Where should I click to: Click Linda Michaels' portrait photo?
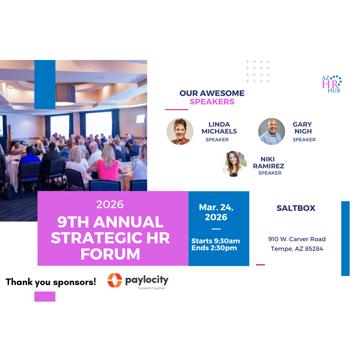pyautogui.click(x=180, y=131)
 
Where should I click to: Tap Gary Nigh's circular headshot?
pyautogui.click(x=271, y=131)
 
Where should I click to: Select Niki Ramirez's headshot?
pyautogui.click(x=234, y=164)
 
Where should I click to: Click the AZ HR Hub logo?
pyautogui.click(x=331, y=84)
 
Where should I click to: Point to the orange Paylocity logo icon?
pyautogui.click(x=115, y=280)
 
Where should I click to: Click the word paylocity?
pyautogui.click(x=147, y=280)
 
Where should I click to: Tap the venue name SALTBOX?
pyautogui.click(x=296, y=208)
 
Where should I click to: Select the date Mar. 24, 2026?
pyautogui.click(x=216, y=212)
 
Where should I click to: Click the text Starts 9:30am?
pyautogui.click(x=215, y=241)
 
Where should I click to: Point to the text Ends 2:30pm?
pyautogui.click(x=214, y=248)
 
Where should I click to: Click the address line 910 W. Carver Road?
pyautogui.click(x=297, y=239)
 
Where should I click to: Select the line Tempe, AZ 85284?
pyautogui.click(x=297, y=249)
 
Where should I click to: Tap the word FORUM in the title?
pyautogui.click(x=110, y=254)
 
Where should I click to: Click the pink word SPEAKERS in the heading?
pyautogui.click(x=212, y=102)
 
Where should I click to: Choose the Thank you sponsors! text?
pyautogui.click(x=51, y=282)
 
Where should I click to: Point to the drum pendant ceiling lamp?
pyautogui.click(x=65, y=94)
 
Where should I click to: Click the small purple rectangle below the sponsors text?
pyautogui.click(x=45, y=296)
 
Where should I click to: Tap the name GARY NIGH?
pyautogui.click(x=302, y=128)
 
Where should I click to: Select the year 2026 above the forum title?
pyautogui.click(x=110, y=204)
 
